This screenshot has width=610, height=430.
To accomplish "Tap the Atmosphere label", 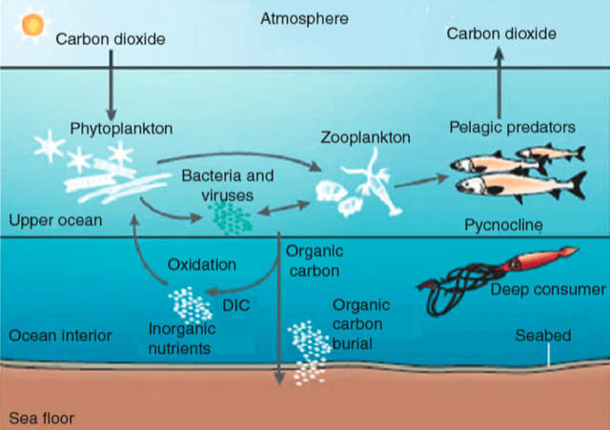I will [x=304, y=18].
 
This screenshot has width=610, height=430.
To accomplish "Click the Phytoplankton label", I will [x=117, y=127].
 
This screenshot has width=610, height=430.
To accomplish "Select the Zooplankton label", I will [x=366, y=137].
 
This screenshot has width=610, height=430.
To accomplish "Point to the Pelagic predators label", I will [x=513, y=126].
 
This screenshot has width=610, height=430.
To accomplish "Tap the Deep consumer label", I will [x=547, y=289].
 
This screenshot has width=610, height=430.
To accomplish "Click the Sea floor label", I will [x=41, y=418].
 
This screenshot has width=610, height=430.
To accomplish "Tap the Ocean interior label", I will [x=60, y=336].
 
